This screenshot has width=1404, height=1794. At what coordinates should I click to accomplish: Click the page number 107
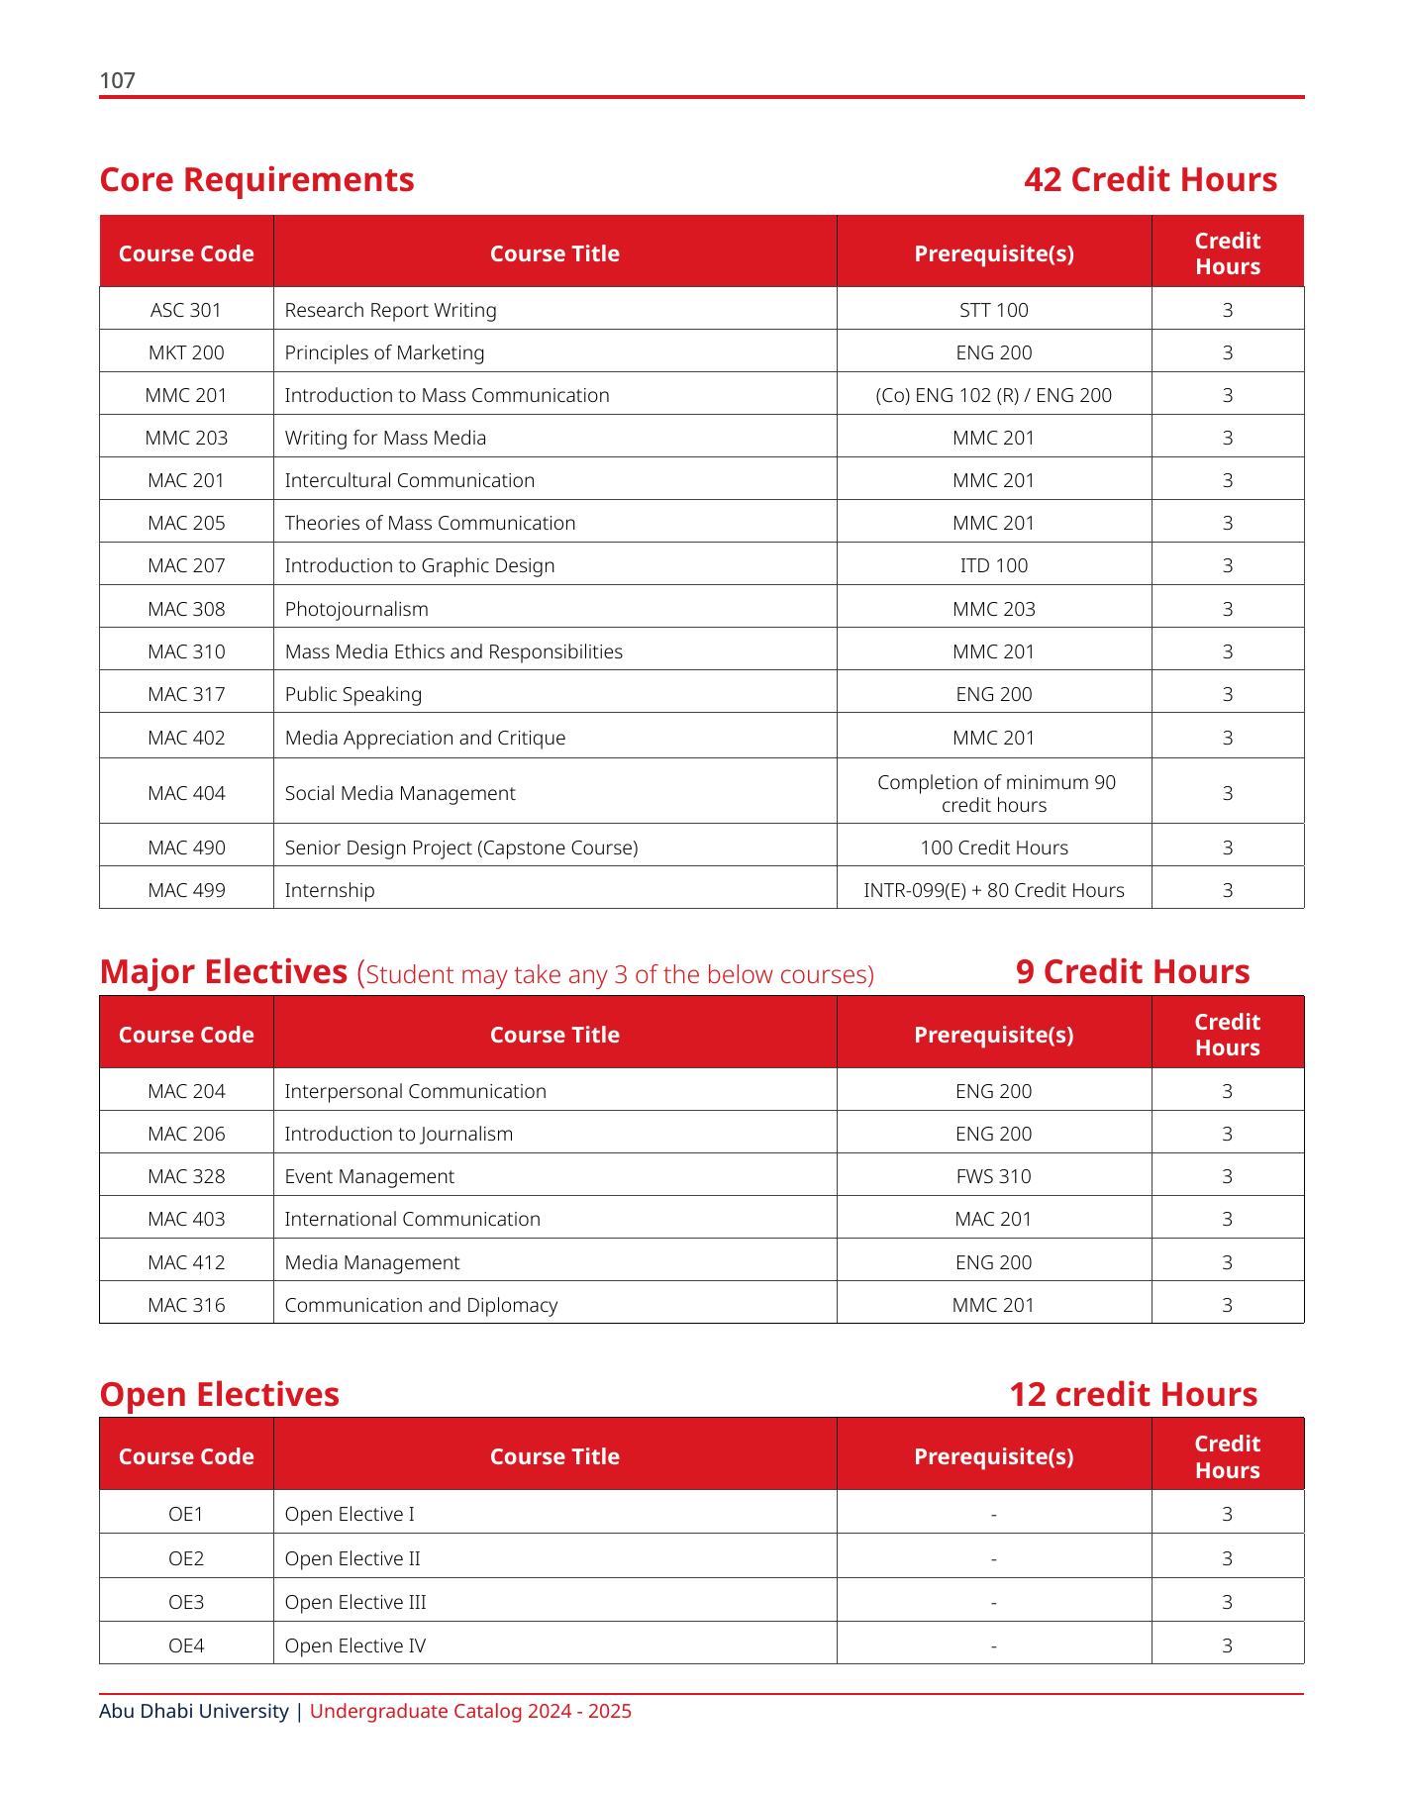point(117,81)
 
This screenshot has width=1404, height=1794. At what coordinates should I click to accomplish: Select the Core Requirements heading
point(256,180)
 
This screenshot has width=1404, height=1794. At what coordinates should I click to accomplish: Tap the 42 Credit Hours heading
point(1150,180)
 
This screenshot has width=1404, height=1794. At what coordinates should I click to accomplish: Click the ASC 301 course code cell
point(186,310)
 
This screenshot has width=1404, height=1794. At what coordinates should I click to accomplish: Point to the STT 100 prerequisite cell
point(993,310)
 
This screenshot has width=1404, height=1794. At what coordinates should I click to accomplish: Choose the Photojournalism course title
point(356,609)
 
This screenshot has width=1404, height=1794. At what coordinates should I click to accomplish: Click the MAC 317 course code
point(186,694)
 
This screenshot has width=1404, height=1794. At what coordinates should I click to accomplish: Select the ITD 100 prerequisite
point(993,565)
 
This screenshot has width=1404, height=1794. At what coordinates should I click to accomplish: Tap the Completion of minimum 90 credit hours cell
point(995,793)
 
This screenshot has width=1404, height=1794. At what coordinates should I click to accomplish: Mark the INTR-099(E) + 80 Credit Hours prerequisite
point(993,890)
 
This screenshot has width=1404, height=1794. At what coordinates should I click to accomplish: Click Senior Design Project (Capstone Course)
point(460,847)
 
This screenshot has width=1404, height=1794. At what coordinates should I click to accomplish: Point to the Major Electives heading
point(224,972)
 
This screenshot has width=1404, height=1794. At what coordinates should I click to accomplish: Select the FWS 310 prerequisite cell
point(993,1176)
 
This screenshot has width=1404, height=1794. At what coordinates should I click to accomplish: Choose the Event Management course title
point(369,1176)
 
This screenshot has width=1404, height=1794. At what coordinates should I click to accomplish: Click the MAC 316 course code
point(186,1305)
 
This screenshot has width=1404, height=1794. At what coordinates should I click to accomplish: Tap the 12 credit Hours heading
point(1133,1395)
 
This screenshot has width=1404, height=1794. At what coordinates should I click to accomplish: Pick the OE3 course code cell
point(186,1602)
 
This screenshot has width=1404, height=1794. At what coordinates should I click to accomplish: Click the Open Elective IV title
point(354,1645)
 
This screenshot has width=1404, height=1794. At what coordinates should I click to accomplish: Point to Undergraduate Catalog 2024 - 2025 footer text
point(470,1711)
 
